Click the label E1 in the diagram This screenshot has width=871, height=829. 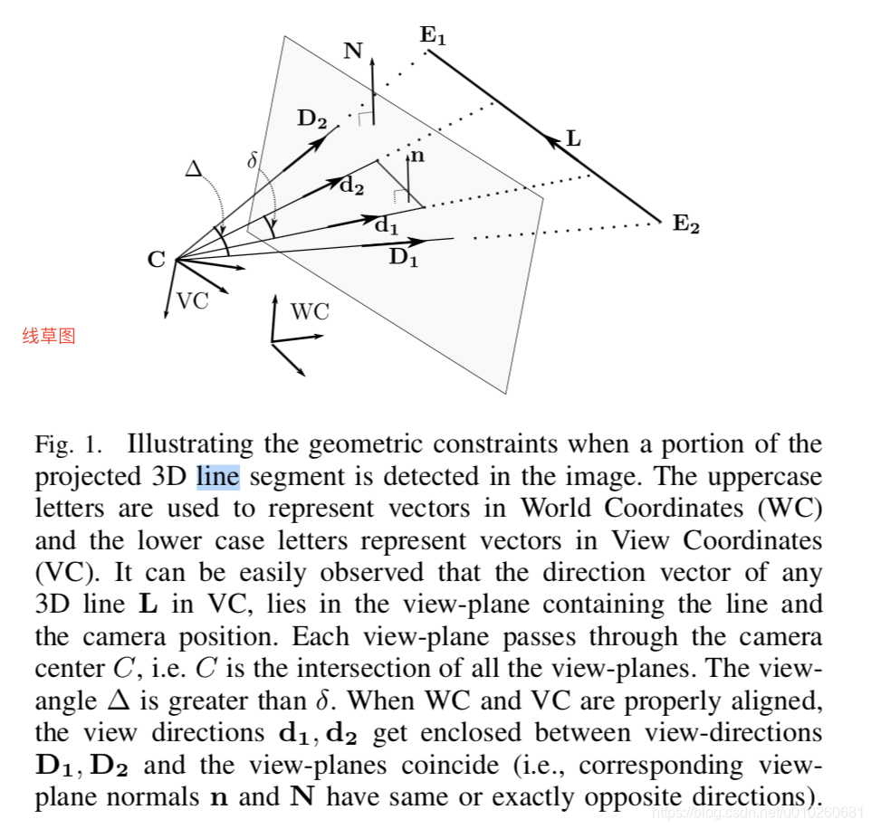click(x=433, y=36)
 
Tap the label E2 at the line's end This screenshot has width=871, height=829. click(x=685, y=224)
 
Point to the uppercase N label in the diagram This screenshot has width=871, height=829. click(x=353, y=51)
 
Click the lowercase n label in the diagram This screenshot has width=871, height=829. click(x=417, y=156)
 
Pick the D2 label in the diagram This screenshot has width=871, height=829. click(x=312, y=119)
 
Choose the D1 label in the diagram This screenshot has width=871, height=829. click(x=404, y=258)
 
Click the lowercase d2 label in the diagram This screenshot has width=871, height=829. click(x=351, y=186)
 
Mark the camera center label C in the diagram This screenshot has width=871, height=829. click(x=157, y=261)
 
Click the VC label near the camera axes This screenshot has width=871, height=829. click(x=192, y=301)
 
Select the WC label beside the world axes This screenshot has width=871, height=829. click(x=310, y=313)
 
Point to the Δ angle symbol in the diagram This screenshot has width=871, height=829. click(x=194, y=168)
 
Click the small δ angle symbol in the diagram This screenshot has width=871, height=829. click(x=253, y=161)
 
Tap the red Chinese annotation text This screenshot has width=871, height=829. click(x=49, y=336)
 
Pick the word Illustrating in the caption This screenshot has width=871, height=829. click(x=184, y=444)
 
